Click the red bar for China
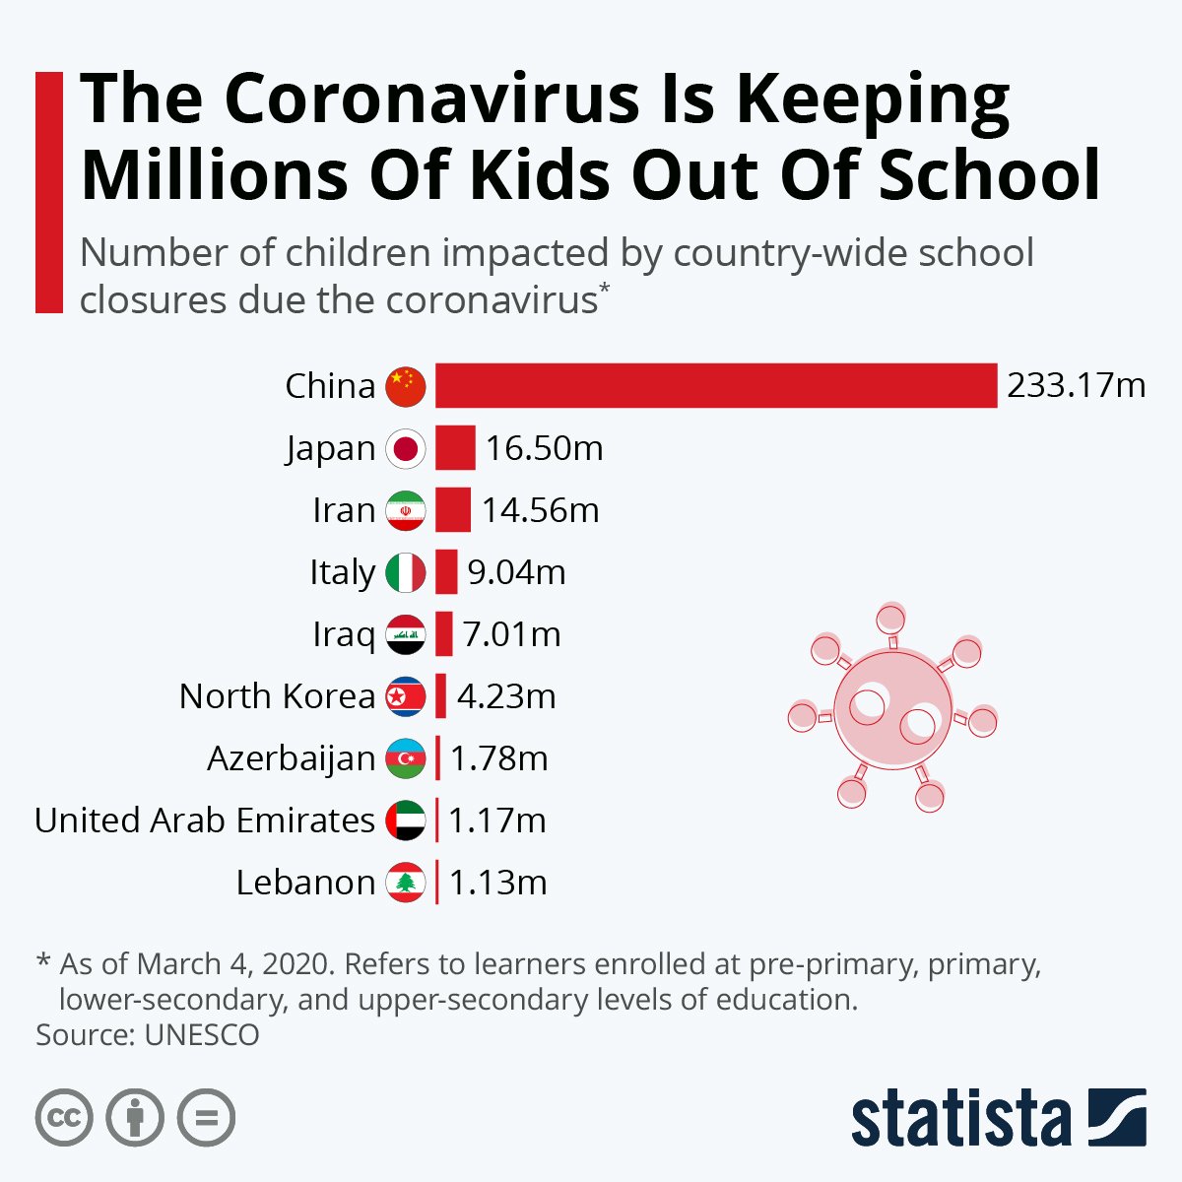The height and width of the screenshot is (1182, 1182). tap(716, 385)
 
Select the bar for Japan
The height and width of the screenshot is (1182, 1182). tap(455, 448)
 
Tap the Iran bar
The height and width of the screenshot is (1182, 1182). tap(453, 510)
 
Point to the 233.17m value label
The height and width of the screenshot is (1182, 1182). tap(1076, 385)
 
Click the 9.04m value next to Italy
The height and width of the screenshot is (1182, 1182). tap(516, 572)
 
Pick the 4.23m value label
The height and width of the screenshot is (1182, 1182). tap(506, 696)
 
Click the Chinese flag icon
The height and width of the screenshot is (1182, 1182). tap(406, 386)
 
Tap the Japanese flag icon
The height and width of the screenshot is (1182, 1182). tap(406, 448)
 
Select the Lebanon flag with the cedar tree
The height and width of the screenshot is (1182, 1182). tap(406, 883)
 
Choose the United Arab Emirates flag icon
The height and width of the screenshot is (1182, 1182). tap(406, 821)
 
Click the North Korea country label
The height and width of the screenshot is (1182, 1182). tap(277, 696)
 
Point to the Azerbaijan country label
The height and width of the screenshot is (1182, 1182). tap(291, 758)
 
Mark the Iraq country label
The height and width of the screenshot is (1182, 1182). tap(344, 634)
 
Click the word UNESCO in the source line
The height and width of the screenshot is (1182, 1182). tap(202, 1035)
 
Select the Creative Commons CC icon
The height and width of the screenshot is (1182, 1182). tap(64, 1118)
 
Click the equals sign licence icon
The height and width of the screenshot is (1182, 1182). tap(207, 1118)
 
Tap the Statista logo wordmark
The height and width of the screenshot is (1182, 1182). tap(961, 1120)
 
